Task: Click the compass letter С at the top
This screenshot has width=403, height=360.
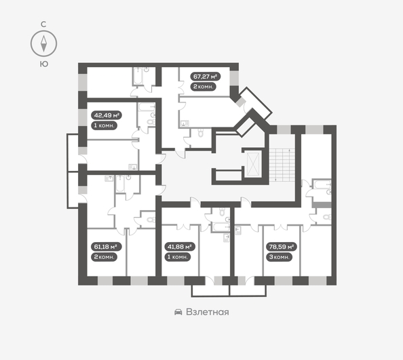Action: (x=43, y=24)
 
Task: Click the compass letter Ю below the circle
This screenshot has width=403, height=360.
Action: (x=43, y=64)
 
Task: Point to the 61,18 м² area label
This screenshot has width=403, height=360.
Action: (x=105, y=247)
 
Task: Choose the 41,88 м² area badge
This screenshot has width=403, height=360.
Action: (x=180, y=247)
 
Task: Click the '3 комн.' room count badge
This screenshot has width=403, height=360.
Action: (x=278, y=258)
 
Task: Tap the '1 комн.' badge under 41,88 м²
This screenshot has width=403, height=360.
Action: (x=178, y=258)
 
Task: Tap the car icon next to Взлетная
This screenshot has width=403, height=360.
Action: (x=178, y=312)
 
